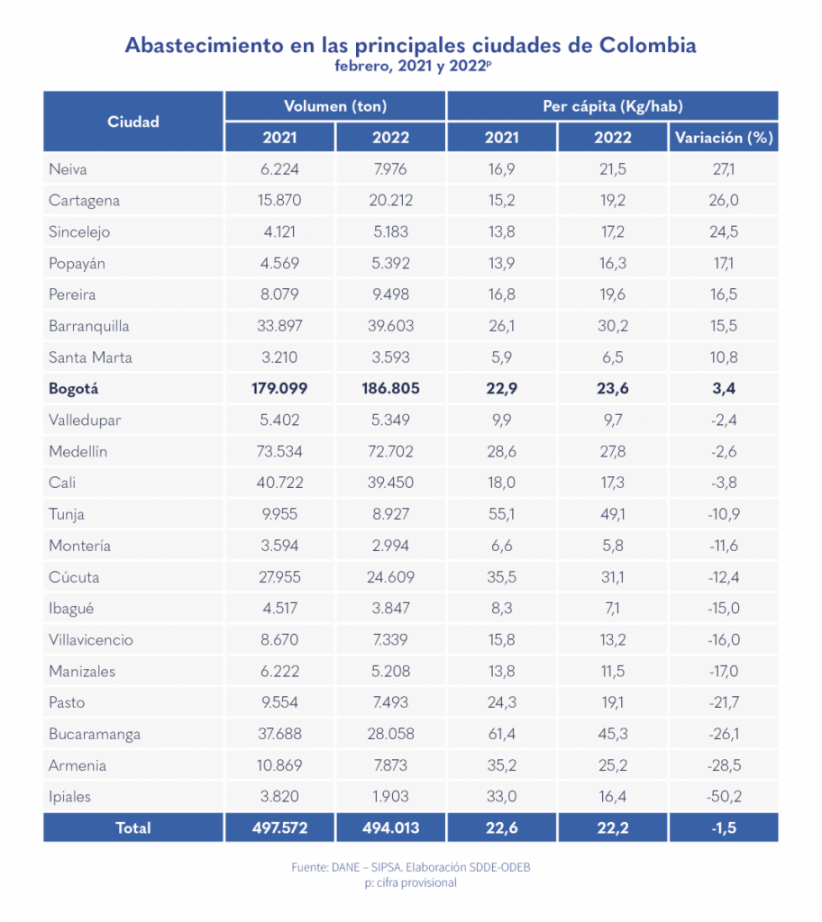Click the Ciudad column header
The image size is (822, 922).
click(133, 122)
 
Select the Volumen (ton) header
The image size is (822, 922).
click(335, 106)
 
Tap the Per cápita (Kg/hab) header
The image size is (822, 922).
click(612, 106)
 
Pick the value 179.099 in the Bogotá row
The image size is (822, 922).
click(279, 389)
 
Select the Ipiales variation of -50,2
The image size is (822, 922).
click(722, 797)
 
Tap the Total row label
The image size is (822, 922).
click(133, 828)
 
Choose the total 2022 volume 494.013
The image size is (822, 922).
click(390, 828)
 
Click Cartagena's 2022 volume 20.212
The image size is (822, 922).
click(390, 201)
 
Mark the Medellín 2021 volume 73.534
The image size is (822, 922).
click(279, 452)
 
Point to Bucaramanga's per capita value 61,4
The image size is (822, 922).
click(501, 734)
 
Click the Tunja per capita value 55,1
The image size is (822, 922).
click(501, 514)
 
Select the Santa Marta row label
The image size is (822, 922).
click(90, 357)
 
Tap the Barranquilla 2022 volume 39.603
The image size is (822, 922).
click(390, 326)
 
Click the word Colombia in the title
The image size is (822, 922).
click(648, 45)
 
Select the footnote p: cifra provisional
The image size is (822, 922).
click(410, 883)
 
